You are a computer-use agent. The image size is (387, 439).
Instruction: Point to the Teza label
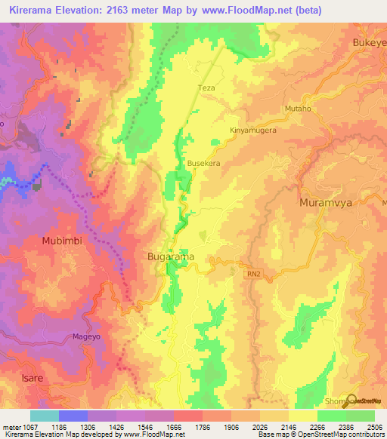[x=206, y=88]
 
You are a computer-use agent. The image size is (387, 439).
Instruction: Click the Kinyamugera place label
[x=253, y=130]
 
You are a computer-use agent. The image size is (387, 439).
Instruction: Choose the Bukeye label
[x=370, y=43]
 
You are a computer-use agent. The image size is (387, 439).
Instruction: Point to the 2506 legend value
[x=374, y=427]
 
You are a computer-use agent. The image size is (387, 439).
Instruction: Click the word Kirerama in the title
[x=36, y=11]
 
